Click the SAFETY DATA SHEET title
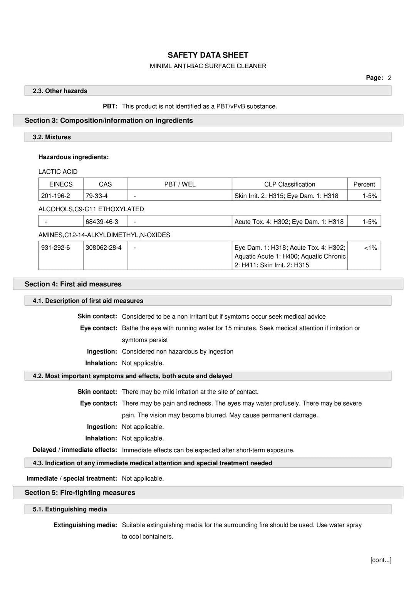click(x=208, y=55)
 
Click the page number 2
click(x=389, y=78)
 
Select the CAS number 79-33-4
click(x=97, y=196)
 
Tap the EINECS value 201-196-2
click(x=55, y=196)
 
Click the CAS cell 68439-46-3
click(x=102, y=222)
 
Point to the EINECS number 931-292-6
click(x=55, y=247)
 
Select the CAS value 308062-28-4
click(x=103, y=247)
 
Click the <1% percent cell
click(x=370, y=247)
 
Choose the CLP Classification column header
click(x=289, y=184)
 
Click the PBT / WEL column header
click(x=179, y=184)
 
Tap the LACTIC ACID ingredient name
click(x=58, y=172)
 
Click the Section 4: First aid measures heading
click(x=73, y=284)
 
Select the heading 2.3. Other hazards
click(x=60, y=91)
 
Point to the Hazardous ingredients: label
click(x=73, y=157)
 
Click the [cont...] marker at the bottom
click(x=381, y=560)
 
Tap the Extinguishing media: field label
click(x=85, y=525)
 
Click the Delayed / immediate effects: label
click(x=75, y=450)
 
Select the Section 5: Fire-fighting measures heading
click(x=80, y=493)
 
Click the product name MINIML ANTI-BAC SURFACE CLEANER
click(x=208, y=66)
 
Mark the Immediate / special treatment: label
click(x=72, y=478)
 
